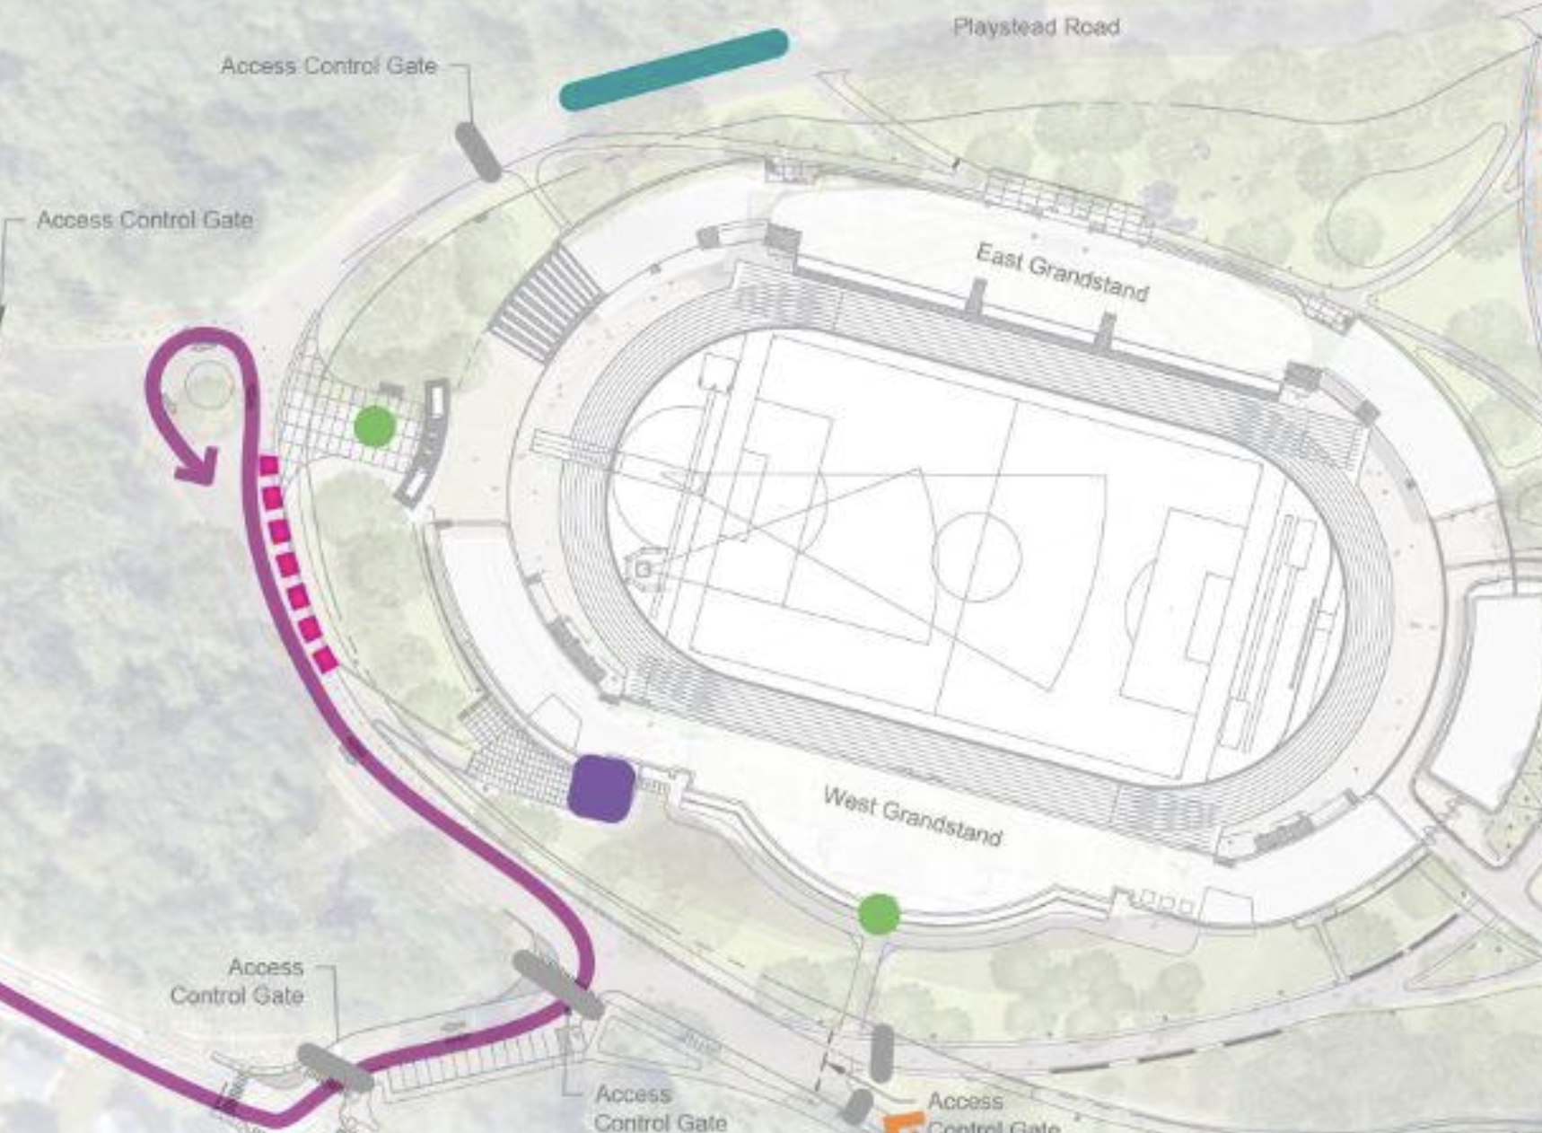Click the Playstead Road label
[x=1036, y=27]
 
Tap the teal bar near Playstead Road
[x=673, y=69]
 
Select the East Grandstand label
[x=1062, y=272]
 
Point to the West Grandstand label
[x=912, y=816]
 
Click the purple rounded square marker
[x=601, y=788]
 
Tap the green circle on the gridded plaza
[x=374, y=426]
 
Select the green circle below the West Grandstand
[x=879, y=914]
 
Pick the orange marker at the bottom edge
[x=903, y=1122]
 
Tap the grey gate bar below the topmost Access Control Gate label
[x=477, y=152]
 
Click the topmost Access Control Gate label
[x=329, y=66]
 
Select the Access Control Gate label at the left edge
[x=145, y=220]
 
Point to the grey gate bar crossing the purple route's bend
[x=557, y=985]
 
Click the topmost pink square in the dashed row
[x=267, y=465]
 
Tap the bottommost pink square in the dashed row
[x=326, y=662]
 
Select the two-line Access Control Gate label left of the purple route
[x=237, y=981]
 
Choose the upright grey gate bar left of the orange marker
[x=881, y=1052]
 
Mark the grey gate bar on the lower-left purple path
[x=334, y=1067]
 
